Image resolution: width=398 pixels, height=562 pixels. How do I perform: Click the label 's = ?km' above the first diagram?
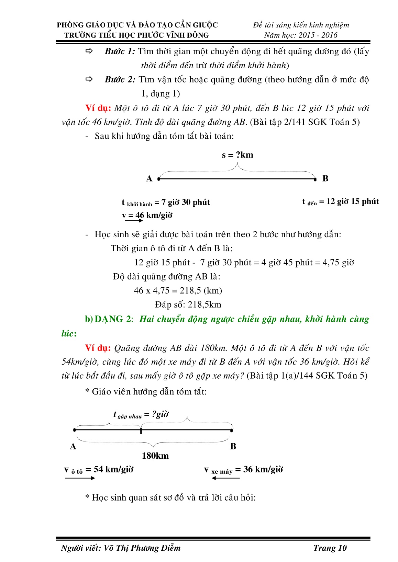point(237,155)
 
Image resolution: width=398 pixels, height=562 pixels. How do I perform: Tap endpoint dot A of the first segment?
point(158,179)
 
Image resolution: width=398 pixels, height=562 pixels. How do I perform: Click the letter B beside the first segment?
point(325,179)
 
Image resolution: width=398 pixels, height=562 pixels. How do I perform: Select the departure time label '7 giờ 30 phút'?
point(186,202)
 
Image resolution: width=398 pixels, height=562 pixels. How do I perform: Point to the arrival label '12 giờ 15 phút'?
point(352,202)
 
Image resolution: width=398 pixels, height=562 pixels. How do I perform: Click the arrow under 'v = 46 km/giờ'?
point(134,220)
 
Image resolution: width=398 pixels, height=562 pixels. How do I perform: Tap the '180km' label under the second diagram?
point(155,456)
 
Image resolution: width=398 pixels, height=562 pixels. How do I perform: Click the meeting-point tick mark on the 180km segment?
point(141,430)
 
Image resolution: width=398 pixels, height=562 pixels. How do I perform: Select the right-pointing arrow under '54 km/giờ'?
point(80,478)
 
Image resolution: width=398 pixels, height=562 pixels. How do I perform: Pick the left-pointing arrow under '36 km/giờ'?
point(225,478)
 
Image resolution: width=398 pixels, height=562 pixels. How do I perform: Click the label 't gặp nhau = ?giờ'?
point(141,415)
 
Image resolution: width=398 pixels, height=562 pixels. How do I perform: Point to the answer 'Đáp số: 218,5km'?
point(188,305)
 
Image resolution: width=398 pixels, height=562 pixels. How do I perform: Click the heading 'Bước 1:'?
point(120,51)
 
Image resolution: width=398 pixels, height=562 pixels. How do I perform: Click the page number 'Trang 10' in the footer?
point(330,548)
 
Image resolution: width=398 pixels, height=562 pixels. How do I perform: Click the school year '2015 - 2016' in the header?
point(318,35)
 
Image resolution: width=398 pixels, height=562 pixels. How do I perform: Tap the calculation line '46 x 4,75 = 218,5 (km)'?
point(178,291)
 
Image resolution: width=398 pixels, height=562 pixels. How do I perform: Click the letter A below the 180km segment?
point(73,447)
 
